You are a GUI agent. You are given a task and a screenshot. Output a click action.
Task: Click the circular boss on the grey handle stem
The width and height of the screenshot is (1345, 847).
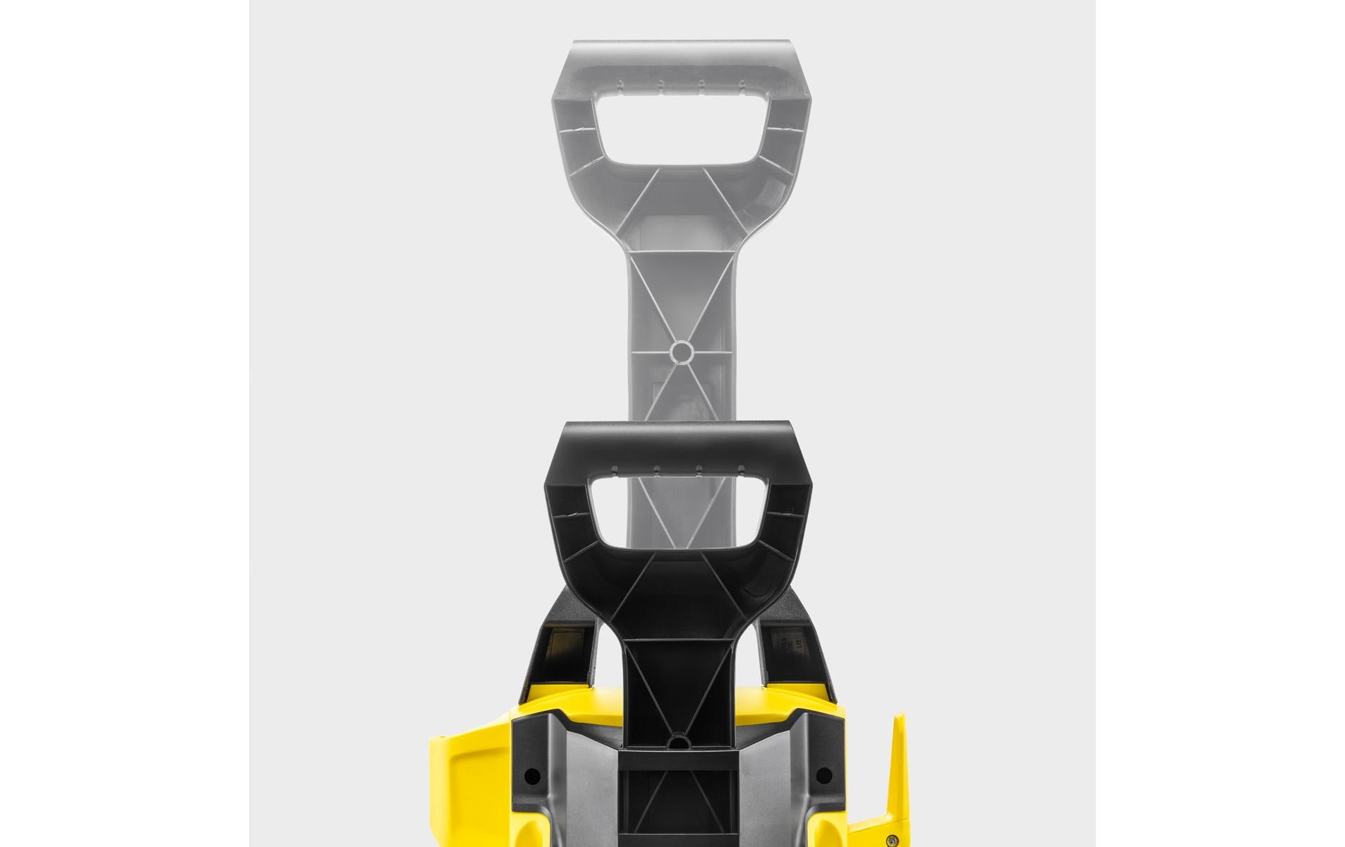(x=681, y=351)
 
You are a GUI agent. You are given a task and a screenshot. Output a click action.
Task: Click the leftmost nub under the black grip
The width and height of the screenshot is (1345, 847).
(x=615, y=469)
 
